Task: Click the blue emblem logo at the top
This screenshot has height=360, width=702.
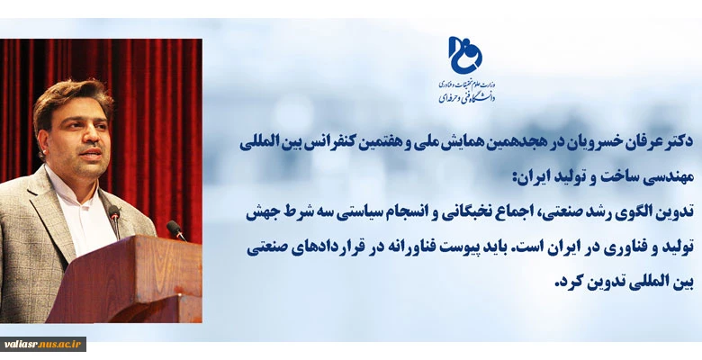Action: coord(465,55)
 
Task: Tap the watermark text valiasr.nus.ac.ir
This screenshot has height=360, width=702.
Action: coord(43,344)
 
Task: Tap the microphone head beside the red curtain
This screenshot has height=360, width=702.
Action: coord(174,227)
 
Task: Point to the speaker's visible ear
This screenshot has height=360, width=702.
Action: coord(41,143)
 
